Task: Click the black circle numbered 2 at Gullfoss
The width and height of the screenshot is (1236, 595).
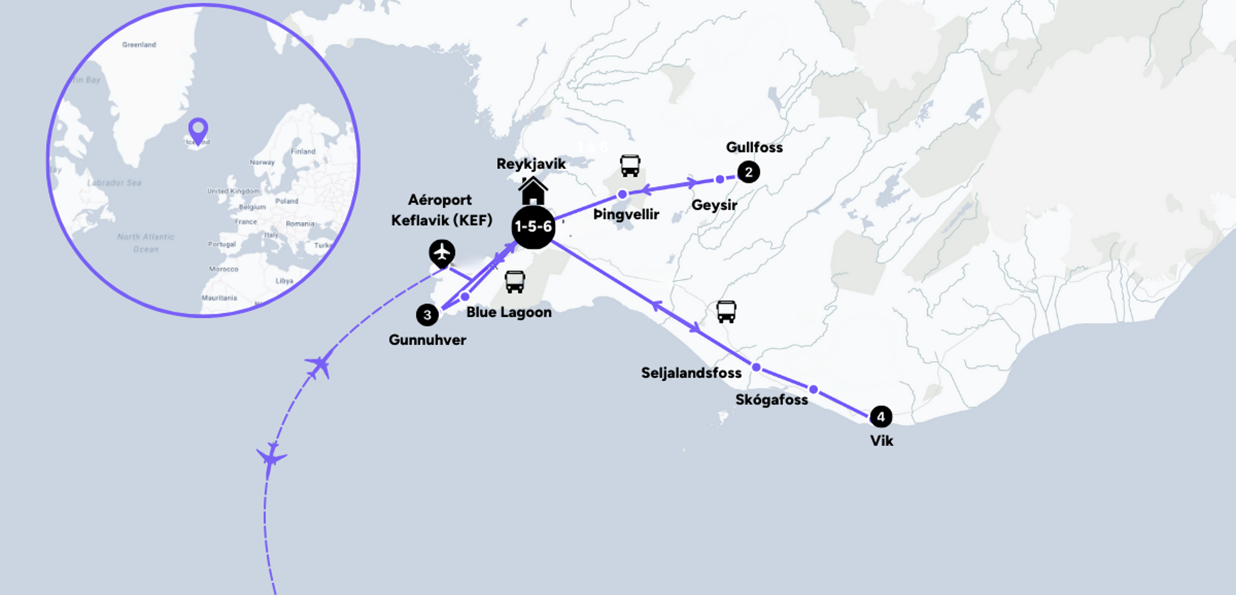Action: coord(748,172)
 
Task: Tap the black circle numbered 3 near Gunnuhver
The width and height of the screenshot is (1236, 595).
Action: coord(427,314)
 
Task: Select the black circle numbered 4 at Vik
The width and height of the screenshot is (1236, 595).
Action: coord(881,416)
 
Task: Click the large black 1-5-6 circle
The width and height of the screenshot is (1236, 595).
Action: coord(533,227)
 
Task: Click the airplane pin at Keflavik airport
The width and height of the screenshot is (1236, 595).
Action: coord(442,252)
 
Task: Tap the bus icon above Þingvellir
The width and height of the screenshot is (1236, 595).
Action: coord(630,165)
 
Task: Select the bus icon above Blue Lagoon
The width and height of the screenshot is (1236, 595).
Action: coord(515,281)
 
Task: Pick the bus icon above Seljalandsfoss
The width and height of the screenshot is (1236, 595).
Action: coord(726,311)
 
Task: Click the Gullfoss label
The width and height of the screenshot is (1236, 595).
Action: coord(754,147)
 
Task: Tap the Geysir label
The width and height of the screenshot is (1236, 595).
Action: coord(714,205)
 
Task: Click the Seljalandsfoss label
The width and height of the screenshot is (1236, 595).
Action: coord(691,373)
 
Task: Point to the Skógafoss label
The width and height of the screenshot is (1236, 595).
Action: coord(771,399)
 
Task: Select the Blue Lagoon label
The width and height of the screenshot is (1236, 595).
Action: coord(509,312)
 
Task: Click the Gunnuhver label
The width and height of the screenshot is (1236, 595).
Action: coord(427,340)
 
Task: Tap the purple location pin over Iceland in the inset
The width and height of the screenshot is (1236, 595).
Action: coord(198,130)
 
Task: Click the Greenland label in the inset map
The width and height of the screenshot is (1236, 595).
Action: coord(139,45)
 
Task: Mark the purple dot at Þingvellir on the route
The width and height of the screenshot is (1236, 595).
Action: coord(622,194)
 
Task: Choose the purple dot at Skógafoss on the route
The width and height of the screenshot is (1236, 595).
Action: coord(814,389)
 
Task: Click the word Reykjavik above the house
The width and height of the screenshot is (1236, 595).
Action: coord(531,164)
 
